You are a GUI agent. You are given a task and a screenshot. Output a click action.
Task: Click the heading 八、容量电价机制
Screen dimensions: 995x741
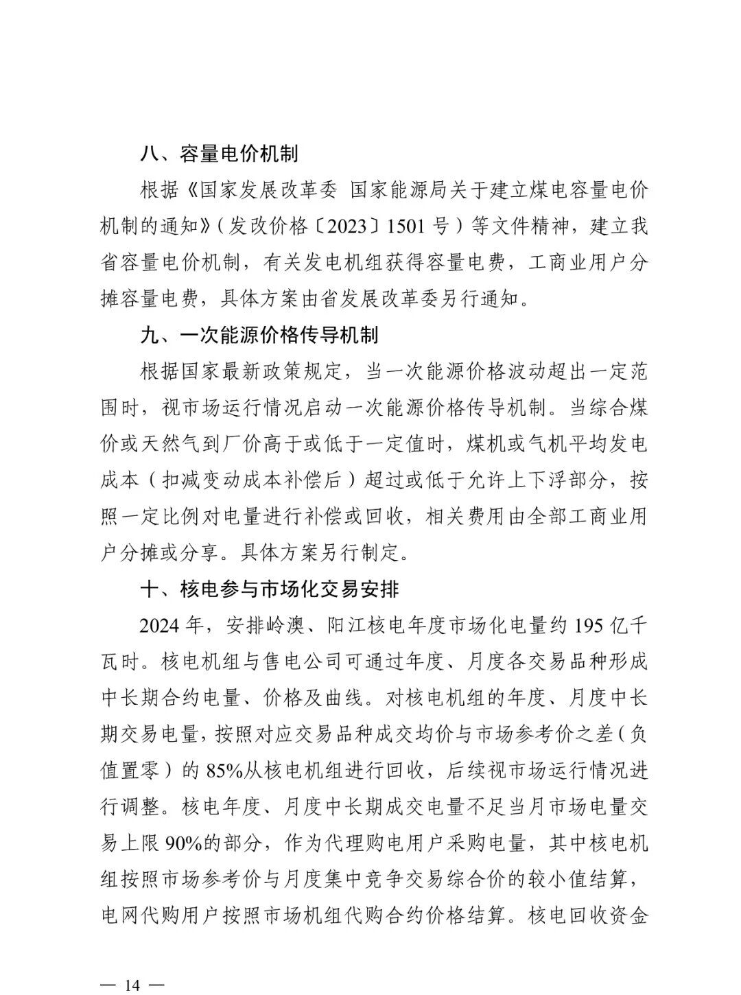219,153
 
